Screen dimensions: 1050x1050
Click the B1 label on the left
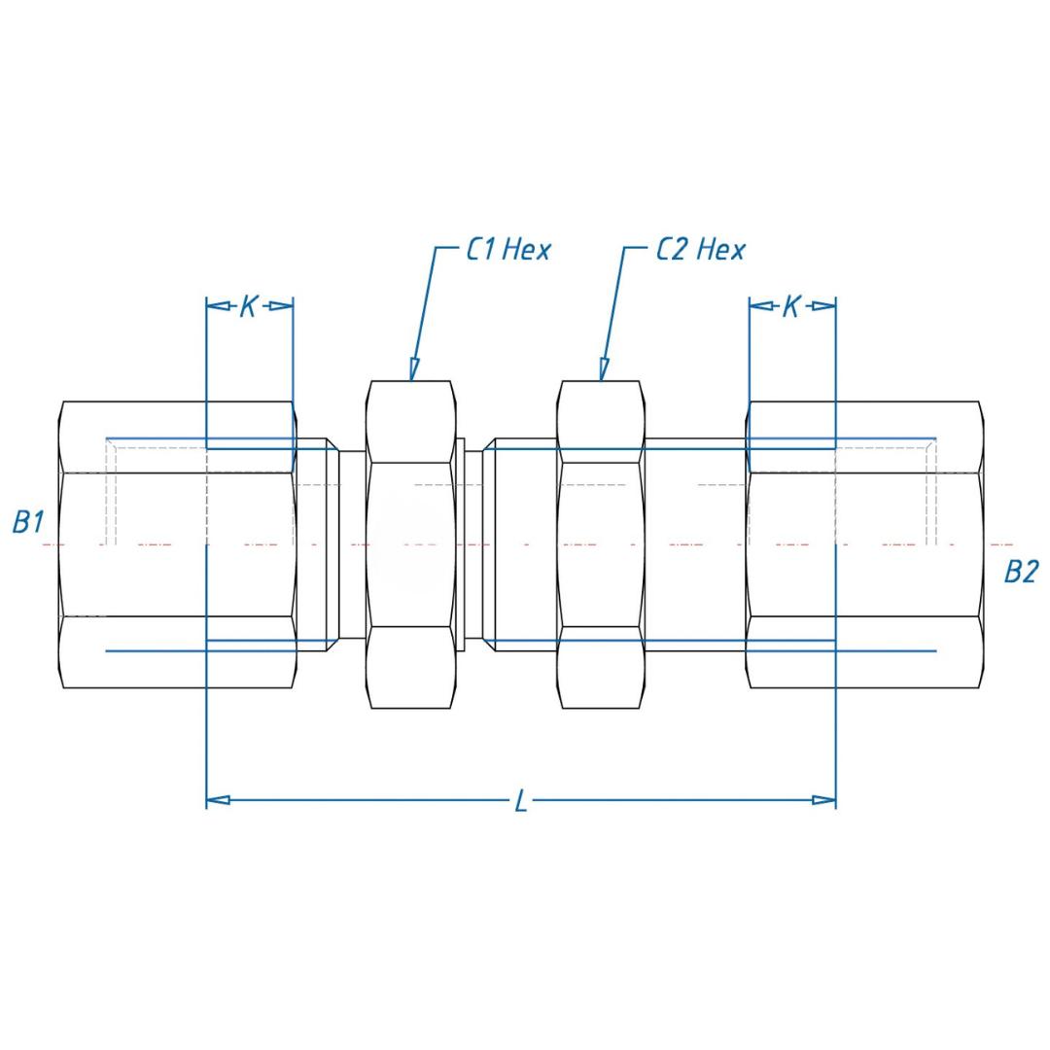point(27,522)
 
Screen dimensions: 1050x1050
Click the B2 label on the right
point(1021,572)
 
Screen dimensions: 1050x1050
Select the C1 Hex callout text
point(508,250)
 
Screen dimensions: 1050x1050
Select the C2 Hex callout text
point(700,250)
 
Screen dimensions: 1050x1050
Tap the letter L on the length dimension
point(521,802)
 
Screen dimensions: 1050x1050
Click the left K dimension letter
point(249,306)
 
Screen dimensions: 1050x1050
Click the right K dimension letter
point(791,306)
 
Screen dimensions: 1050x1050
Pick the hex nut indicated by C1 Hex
point(410,544)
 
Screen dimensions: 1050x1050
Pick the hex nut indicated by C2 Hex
point(601,544)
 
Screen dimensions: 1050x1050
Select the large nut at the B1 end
point(178,544)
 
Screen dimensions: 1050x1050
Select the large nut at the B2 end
point(863,544)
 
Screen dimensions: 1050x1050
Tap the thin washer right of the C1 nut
point(460,544)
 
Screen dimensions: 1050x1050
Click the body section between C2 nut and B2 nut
point(694,544)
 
